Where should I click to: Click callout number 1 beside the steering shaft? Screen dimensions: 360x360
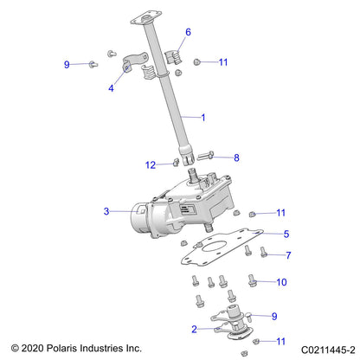[203, 116]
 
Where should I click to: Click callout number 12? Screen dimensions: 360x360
[151, 164]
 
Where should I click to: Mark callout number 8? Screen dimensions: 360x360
[236, 157]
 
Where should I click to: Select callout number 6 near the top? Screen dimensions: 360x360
[188, 32]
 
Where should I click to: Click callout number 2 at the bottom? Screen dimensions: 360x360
[196, 329]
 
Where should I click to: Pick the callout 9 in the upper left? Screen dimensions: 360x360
[67, 64]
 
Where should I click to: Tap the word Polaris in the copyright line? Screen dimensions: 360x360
[68, 348]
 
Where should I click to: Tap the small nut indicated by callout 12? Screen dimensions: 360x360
[174, 164]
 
